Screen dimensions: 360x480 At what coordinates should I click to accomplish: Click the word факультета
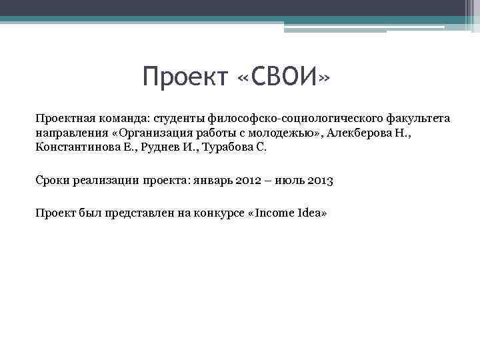click(413, 118)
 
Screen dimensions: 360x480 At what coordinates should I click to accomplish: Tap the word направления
click(69, 133)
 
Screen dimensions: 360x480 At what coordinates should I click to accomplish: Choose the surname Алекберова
click(362, 133)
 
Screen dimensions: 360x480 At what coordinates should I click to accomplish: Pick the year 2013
click(320, 180)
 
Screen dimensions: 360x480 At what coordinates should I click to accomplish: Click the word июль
click(290, 180)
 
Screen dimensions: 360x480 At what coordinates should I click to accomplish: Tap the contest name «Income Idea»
click(287, 213)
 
